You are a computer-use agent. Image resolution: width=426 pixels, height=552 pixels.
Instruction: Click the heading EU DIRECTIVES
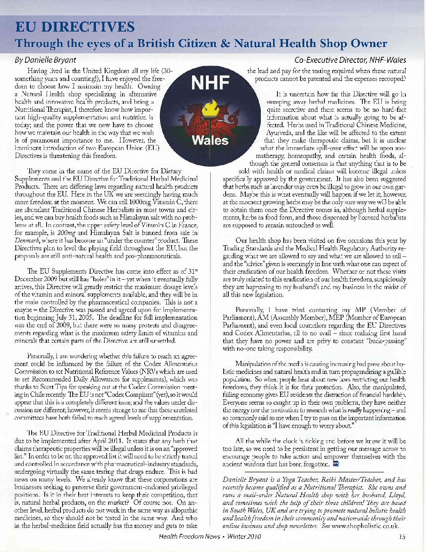(75, 27)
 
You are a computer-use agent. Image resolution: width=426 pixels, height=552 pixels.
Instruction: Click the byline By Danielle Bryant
(45, 60)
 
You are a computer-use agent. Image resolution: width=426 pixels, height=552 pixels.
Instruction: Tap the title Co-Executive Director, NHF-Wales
(350, 60)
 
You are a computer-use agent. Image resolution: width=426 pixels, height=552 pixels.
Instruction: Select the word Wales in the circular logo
(210, 141)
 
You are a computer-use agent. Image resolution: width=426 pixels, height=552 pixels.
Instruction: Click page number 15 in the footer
(402, 536)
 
